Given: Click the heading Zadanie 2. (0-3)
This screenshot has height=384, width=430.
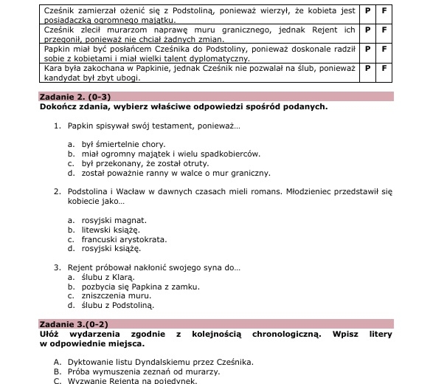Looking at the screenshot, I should coord(76,97).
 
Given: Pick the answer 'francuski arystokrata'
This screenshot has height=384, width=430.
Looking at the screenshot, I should coord(123,239).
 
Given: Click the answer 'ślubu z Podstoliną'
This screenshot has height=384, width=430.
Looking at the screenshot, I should coord(117,305).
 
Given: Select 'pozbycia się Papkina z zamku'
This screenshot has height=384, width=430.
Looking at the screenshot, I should coord(140,287).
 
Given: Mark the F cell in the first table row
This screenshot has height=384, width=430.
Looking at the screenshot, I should coord(384,13).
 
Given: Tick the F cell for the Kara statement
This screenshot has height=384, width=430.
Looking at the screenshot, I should coord(384,68).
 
